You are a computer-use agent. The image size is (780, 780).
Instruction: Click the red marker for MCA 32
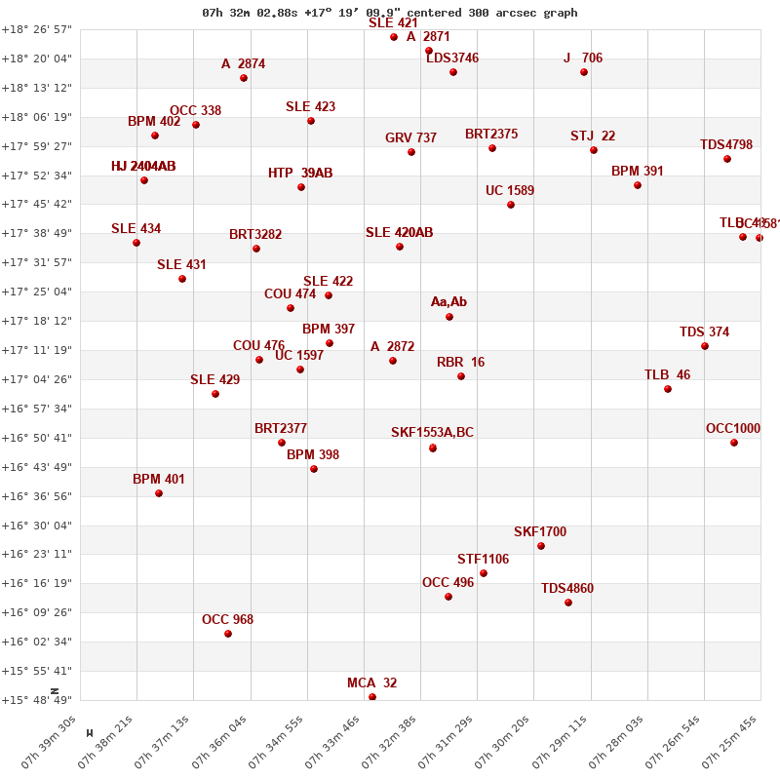(x=372, y=697)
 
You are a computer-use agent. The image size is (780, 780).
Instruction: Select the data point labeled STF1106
(x=484, y=573)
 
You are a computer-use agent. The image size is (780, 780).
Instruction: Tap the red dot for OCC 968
(x=228, y=634)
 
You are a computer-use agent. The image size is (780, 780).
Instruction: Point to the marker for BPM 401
(x=159, y=493)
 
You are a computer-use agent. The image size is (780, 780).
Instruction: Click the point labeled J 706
(x=584, y=72)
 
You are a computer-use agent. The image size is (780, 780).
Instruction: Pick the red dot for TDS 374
(x=705, y=346)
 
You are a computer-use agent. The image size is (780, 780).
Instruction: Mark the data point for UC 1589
(x=511, y=205)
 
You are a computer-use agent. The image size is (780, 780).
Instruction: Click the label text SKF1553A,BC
(x=432, y=433)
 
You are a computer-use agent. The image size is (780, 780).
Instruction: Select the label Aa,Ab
(x=448, y=302)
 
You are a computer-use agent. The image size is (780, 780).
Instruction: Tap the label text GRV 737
(x=410, y=138)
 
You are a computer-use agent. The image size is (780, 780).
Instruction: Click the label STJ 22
(x=593, y=136)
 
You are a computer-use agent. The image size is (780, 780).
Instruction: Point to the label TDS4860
(x=567, y=589)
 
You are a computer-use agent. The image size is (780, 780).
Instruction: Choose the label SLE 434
(x=136, y=229)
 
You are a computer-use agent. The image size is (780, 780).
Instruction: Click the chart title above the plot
(x=390, y=13)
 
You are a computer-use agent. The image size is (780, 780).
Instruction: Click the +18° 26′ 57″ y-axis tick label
(x=37, y=30)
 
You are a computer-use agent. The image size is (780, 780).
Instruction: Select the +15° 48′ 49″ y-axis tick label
(x=37, y=700)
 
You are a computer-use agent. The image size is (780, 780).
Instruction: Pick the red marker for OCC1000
(x=734, y=443)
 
